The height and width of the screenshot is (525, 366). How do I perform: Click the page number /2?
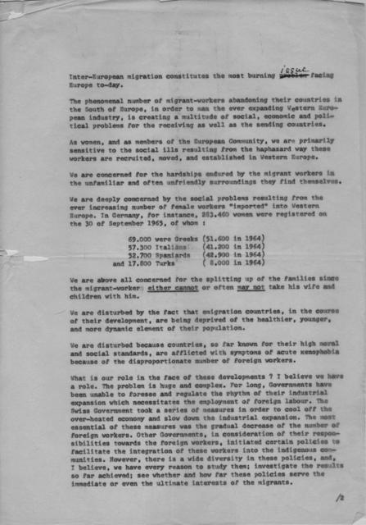point(338,496)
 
